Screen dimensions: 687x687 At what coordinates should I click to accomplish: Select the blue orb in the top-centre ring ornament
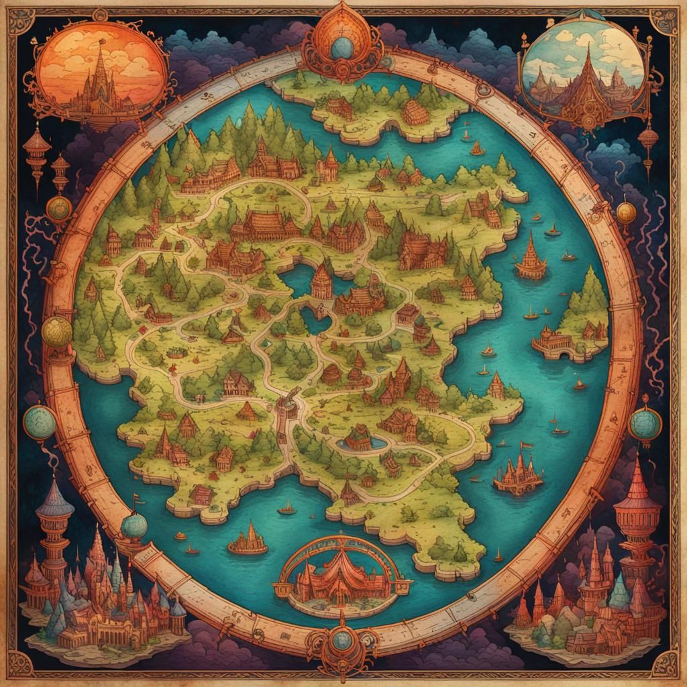click(341, 47)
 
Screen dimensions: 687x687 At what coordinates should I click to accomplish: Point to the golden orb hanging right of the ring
click(626, 213)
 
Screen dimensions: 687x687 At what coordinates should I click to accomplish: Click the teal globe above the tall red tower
click(645, 424)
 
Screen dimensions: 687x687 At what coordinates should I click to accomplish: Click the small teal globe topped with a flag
click(134, 525)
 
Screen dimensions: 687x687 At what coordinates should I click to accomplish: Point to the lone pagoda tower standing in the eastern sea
click(531, 258)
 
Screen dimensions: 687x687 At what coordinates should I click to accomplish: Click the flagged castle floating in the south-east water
click(518, 474)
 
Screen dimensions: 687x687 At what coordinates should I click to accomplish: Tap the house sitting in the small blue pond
click(359, 438)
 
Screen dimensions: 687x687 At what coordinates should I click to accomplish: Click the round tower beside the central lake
click(321, 281)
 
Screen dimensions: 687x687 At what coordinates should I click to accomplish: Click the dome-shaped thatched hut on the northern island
click(415, 113)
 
